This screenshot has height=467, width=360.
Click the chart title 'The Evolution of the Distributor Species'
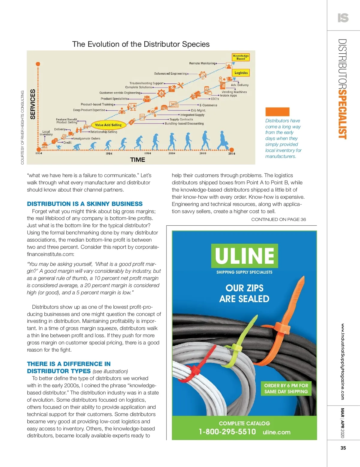141,44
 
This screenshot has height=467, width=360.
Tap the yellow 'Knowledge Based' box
241,57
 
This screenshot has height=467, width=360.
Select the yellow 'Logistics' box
241,73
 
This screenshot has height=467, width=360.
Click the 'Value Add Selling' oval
108,125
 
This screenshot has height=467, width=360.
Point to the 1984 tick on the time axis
109,153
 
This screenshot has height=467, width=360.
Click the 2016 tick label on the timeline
232,153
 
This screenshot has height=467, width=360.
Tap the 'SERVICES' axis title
33,104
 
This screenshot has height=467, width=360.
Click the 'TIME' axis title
138,160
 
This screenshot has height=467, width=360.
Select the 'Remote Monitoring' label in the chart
202,63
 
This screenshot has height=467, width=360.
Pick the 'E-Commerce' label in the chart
208,105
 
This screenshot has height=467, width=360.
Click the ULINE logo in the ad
244,256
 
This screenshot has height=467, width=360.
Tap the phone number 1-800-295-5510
227,432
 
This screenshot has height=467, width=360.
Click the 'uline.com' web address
277,432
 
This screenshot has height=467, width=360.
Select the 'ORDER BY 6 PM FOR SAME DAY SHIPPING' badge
286,388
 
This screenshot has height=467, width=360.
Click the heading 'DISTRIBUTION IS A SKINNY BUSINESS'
85,204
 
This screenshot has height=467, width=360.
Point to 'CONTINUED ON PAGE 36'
278,219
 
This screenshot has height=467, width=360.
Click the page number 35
343,448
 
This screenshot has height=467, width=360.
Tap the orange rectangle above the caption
277,112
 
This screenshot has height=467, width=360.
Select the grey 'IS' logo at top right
343,18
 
